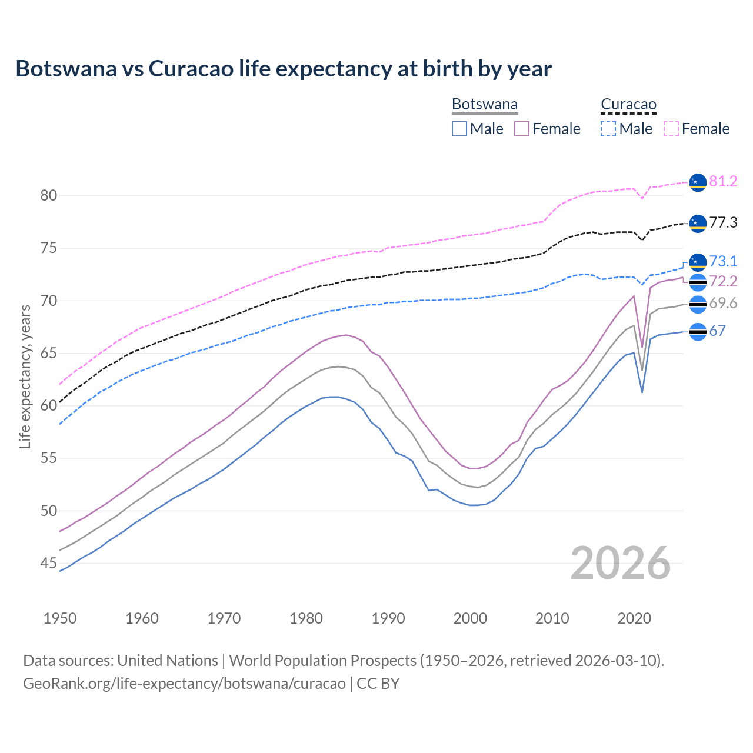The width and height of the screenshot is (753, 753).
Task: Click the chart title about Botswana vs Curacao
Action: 284,69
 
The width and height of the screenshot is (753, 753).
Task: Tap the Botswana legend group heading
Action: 485,105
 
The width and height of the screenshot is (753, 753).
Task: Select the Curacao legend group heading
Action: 628,105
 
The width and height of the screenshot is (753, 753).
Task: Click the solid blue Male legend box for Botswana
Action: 459,129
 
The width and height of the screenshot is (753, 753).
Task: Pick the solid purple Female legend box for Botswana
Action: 522,129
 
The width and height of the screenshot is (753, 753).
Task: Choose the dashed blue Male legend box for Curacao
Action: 608,129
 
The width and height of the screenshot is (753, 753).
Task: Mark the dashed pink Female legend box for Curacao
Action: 671,129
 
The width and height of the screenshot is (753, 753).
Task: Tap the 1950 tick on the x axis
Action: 60,618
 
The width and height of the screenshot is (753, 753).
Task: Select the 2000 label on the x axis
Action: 471,618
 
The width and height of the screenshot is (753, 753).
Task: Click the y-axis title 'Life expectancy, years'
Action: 25,376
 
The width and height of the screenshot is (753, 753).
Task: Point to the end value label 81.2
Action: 723,182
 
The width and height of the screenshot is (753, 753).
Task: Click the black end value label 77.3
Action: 723,223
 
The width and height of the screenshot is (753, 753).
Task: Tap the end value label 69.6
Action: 723,304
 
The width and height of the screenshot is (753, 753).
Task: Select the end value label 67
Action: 717,331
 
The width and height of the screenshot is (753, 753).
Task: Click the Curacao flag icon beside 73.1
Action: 698,262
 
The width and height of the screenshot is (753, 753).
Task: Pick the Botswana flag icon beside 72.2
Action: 698,282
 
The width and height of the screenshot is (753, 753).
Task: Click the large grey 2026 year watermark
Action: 620,563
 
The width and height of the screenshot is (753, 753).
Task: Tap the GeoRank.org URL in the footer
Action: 184,684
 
